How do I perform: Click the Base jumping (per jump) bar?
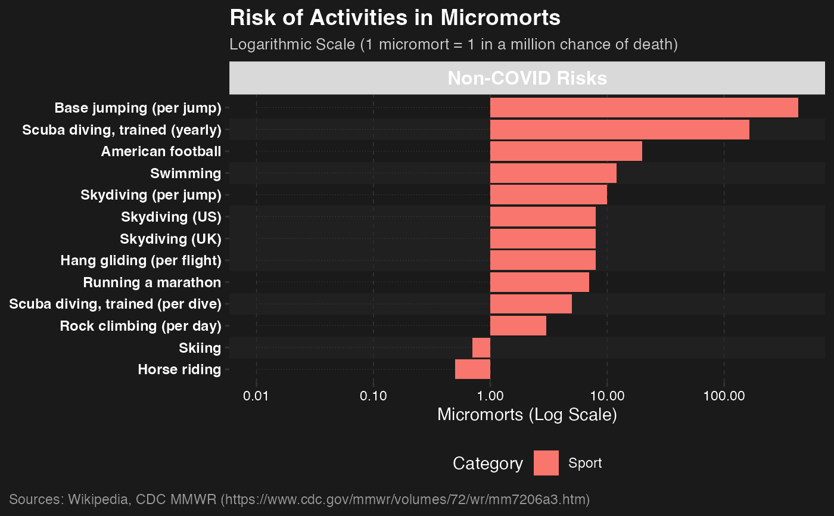pyautogui.click(x=643, y=108)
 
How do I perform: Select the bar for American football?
pyautogui.click(x=566, y=151)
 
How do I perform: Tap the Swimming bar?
pyautogui.click(x=553, y=173)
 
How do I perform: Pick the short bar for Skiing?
pyautogui.click(x=481, y=347)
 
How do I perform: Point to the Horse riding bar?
pyautogui.click(x=472, y=369)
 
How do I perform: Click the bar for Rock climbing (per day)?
pyautogui.click(x=518, y=326)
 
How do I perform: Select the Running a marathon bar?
pyautogui.click(x=539, y=282)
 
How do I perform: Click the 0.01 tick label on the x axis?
pyautogui.click(x=257, y=396)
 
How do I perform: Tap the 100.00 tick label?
pyautogui.click(x=724, y=396)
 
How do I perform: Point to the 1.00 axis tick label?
pyautogui.click(x=490, y=396)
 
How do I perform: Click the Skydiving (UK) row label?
pyautogui.click(x=170, y=239)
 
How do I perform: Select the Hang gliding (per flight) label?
pyautogui.click(x=141, y=260)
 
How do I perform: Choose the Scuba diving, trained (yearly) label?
pyautogui.click(x=122, y=130)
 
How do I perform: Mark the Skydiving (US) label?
pyautogui.click(x=171, y=217)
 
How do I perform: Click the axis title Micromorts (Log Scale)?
pyautogui.click(x=527, y=415)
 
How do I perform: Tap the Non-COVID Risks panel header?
pyautogui.click(x=527, y=78)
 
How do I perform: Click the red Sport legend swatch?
pyautogui.click(x=546, y=463)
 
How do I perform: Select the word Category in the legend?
pyautogui.click(x=487, y=463)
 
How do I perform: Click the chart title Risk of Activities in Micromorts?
pyautogui.click(x=394, y=18)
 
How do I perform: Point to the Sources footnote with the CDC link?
pyautogui.click(x=299, y=499)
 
